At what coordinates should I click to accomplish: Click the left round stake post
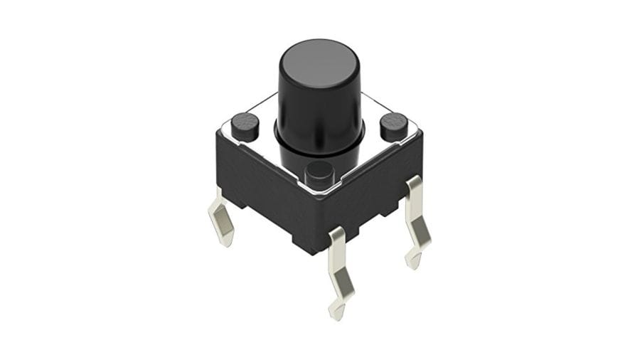(244, 125)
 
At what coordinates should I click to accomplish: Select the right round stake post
(393, 126)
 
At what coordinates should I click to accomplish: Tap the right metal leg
(415, 221)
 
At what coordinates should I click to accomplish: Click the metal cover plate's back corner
(319, 94)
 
